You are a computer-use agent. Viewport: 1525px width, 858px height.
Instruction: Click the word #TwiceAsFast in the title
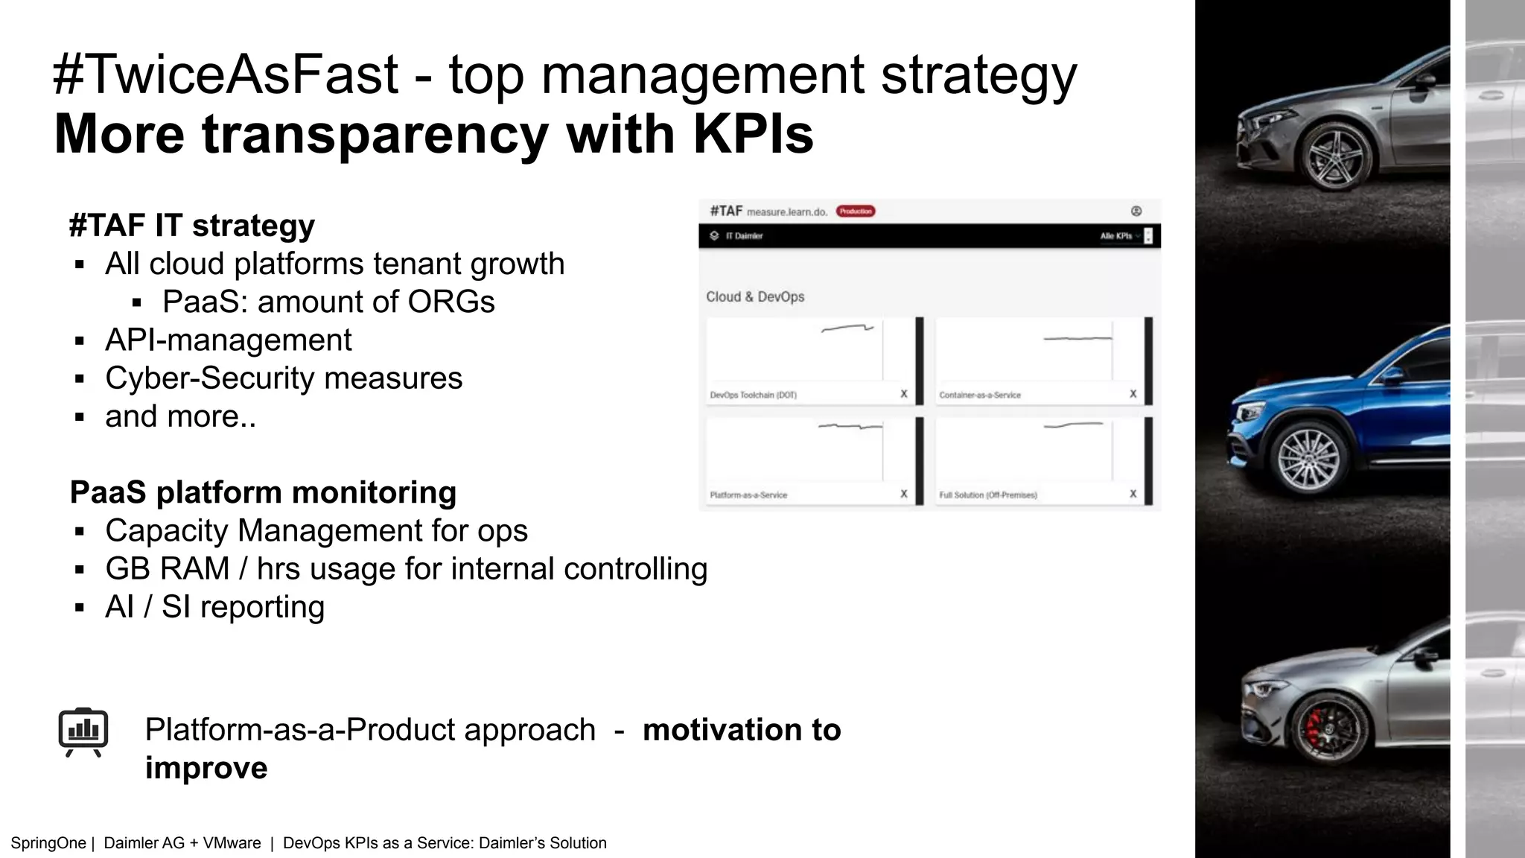click(226, 74)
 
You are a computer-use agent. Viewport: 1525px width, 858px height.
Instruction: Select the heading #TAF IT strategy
click(191, 225)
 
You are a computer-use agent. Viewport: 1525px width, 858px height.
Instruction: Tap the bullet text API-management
click(228, 340)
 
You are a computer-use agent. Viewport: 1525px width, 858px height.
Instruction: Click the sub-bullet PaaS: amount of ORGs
click(328, 302)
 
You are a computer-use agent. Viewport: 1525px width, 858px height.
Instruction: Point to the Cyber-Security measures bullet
click(283, 378)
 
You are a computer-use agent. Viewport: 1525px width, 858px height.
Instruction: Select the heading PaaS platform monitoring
click(263, 492)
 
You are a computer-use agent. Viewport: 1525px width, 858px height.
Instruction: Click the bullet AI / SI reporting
click(214, 606)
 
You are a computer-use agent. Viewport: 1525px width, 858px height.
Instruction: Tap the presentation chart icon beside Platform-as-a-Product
click(83, 731)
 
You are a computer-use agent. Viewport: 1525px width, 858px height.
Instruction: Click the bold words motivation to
click(741, 730)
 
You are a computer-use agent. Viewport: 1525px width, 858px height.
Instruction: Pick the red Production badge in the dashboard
click(856, 212)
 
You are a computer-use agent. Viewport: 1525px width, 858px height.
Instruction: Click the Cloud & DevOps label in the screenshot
click(755, 296)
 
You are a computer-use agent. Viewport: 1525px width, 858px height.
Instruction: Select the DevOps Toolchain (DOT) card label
click(753, 395)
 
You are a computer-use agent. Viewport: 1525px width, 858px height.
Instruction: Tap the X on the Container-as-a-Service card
click(1133, 394)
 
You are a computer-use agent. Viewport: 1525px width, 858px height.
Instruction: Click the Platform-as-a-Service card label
click(748, 495)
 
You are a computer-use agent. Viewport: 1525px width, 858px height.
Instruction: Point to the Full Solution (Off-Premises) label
click(987, 495)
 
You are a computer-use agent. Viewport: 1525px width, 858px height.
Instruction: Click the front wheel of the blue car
click(1308, 457)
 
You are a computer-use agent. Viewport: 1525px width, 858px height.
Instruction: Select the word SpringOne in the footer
click(48, 843)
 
